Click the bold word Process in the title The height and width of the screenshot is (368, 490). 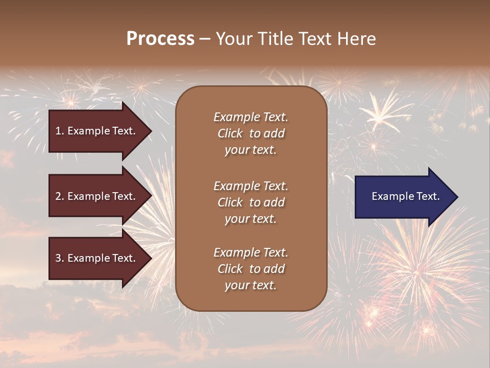tap(160, 39)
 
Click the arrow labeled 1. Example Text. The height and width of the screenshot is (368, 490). tap(97, 131)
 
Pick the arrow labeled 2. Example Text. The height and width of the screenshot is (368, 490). tap(97, 197)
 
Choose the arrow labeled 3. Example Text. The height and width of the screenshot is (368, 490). tap(97, 259)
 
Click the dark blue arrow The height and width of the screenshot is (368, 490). tap(403, 197)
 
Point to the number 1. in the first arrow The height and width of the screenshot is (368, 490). tap(59, 131)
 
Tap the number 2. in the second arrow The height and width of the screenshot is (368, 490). tap(59, 197)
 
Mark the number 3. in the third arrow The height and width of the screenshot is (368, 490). tap(59, 259)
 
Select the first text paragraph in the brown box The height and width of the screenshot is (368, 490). tap(251, 133)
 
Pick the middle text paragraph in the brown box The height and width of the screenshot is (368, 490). tap(251, 202)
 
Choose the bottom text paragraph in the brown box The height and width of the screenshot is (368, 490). tap(251, 269)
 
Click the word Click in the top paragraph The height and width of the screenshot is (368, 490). tap(230, 134)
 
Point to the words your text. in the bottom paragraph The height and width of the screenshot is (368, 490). tap(251, 286)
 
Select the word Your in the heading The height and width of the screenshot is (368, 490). tap(233, 39)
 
